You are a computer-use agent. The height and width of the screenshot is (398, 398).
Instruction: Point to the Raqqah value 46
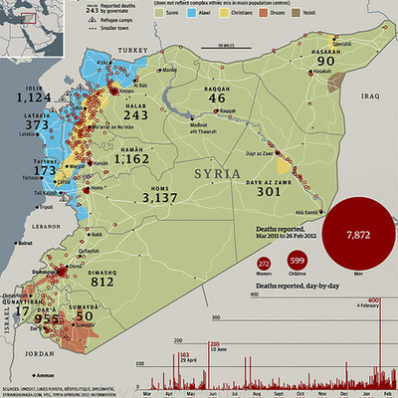point(218,99)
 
